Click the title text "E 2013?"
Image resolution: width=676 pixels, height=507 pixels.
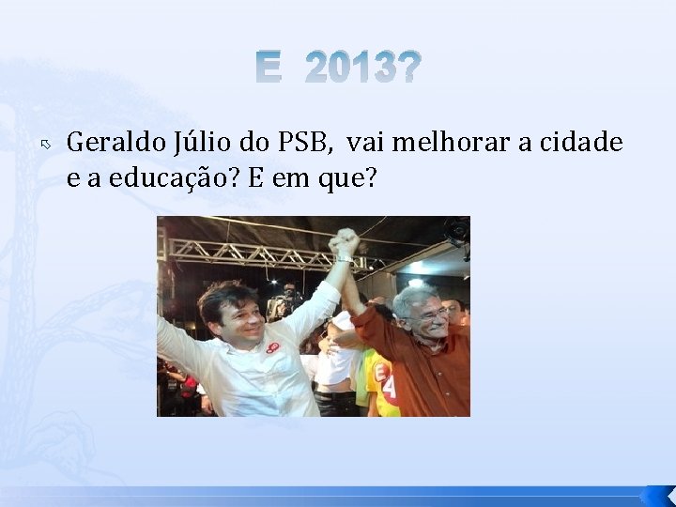338,69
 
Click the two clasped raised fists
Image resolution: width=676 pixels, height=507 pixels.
345,243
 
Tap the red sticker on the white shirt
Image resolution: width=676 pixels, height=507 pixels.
273,349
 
